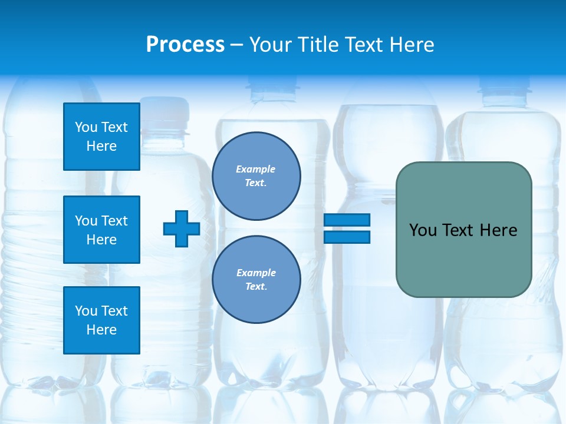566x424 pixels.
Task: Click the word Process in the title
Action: click(x=185, y=45)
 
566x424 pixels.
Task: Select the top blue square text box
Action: click(x=101, y=137)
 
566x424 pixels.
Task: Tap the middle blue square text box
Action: click(x=101, y=230)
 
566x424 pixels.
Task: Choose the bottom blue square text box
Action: click(x=101, y=320)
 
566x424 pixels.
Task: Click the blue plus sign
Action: click(x=182, y=228)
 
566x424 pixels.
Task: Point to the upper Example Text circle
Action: click(x=256, y=175)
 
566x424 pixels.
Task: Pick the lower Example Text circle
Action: click(x=256, y=279)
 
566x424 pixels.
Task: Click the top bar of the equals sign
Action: click(x=347, y=220)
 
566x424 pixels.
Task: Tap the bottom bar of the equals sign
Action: click(x=347, y=237)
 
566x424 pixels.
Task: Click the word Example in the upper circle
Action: click(x=255, y=169)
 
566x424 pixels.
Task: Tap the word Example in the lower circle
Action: click(x=256, y=273)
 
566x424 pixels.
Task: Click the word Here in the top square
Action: click(x=101, y=146)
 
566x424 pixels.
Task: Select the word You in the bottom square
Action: click(x=86, y=311)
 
